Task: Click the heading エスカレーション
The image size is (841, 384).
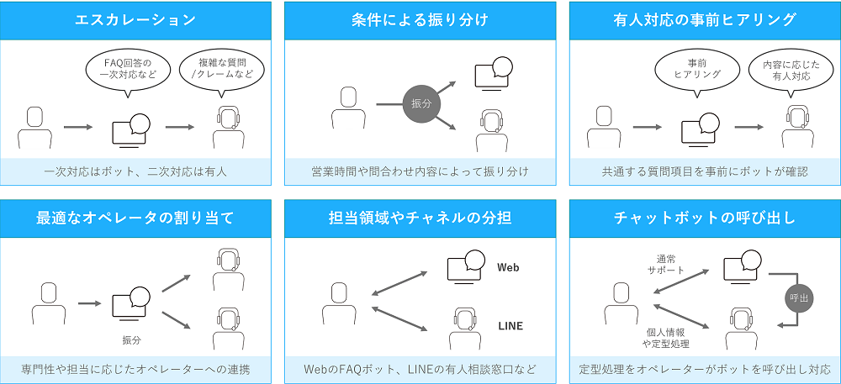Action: click(x=135, y=20)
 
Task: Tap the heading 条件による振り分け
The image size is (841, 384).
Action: click(x=420, y=20)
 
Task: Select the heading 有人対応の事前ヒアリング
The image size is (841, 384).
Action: click(x=705, y=20)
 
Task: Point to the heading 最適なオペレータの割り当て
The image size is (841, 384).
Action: click(x=135, y=218)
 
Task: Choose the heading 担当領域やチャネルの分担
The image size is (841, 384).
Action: click(x=420, y=218)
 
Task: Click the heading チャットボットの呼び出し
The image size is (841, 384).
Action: click(x=705, y=218)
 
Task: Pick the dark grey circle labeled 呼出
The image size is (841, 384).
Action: click(x=797, y=297)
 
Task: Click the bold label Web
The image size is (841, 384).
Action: click(x=509, y=267)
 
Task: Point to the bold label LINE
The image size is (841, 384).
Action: click(x=510, y=324)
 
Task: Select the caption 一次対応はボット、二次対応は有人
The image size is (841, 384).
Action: click(x=135, y=171)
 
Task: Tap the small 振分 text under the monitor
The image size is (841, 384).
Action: click(x=130, y=339)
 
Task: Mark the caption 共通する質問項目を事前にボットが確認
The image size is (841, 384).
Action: click(x=705, y=171)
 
